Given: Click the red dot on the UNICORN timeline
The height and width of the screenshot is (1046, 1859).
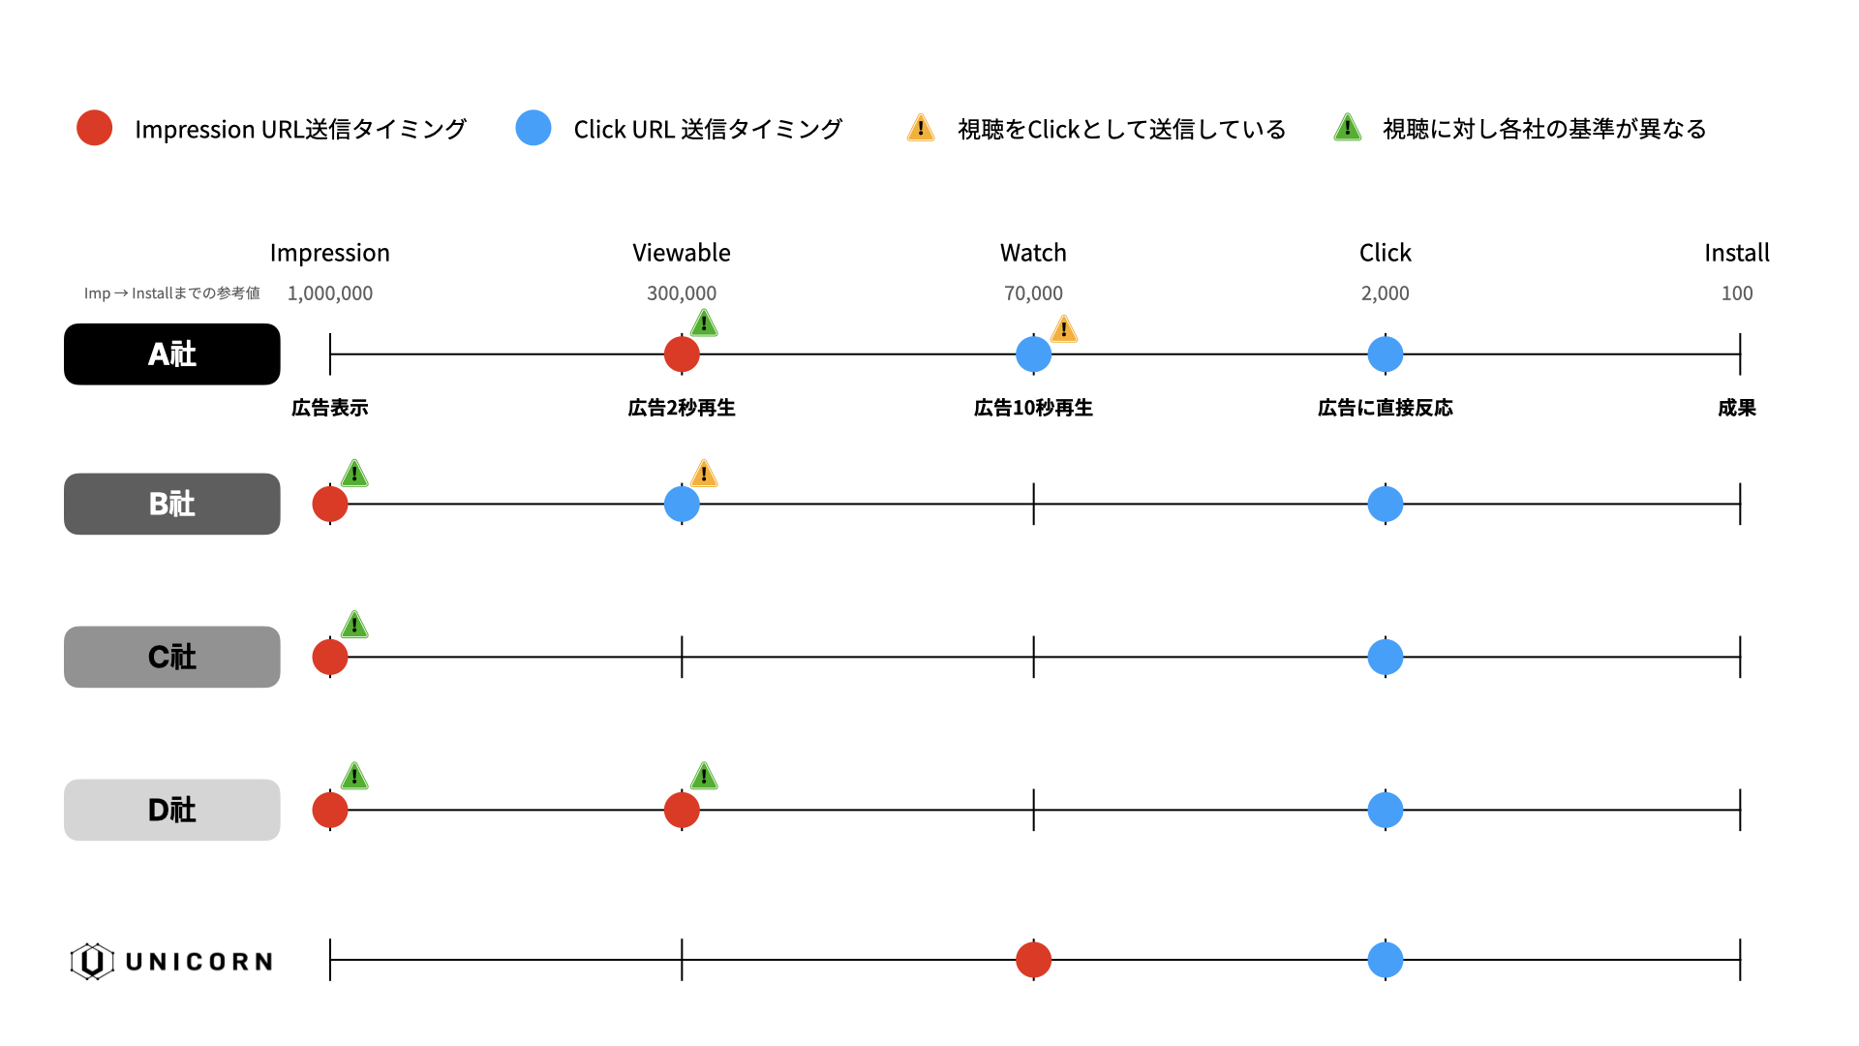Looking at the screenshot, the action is [x=1033, y=960].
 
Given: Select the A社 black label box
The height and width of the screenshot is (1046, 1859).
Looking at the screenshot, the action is [x=172, y=354].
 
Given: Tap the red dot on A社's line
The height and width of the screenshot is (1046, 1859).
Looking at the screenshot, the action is [x=682, y=354].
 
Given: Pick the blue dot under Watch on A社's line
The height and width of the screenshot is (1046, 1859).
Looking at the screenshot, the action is [x=1033, y=354].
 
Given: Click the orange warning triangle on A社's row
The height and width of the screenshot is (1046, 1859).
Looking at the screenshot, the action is [x=1064, y=329].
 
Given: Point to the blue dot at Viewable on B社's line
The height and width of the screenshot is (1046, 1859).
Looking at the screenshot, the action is [x=682, y=504].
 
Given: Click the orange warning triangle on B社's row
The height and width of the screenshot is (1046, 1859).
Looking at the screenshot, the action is [x=704, y=474].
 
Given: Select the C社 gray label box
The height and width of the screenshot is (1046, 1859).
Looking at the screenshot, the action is [x=172, y=657].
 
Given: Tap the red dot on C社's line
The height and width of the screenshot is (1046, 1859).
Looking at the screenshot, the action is [x=330, y=657].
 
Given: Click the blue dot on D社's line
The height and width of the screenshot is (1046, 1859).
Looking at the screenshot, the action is [x=1386, y=810].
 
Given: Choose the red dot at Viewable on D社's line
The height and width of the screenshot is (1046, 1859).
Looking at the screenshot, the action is [x=682, y=810].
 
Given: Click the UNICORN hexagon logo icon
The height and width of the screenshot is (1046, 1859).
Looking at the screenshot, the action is [x=92, y=962].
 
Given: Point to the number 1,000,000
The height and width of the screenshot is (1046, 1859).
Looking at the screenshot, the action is [x=330, y=293].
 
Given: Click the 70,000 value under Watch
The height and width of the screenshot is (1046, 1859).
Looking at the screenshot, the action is [x=1033, y=293].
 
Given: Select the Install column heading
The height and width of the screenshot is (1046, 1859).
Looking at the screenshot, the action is [x=1737, y=253].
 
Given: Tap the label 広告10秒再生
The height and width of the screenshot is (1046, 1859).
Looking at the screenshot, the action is [x=1033, y=408].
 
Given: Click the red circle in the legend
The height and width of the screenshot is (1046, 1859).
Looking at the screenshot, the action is [x=95, y=128].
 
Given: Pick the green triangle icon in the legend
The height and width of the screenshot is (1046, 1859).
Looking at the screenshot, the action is [x=1348, y=128].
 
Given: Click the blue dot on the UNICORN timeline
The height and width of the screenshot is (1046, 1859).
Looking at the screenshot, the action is [x=1386, y=960].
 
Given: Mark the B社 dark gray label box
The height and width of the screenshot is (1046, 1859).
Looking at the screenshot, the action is [x=172, y=504].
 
